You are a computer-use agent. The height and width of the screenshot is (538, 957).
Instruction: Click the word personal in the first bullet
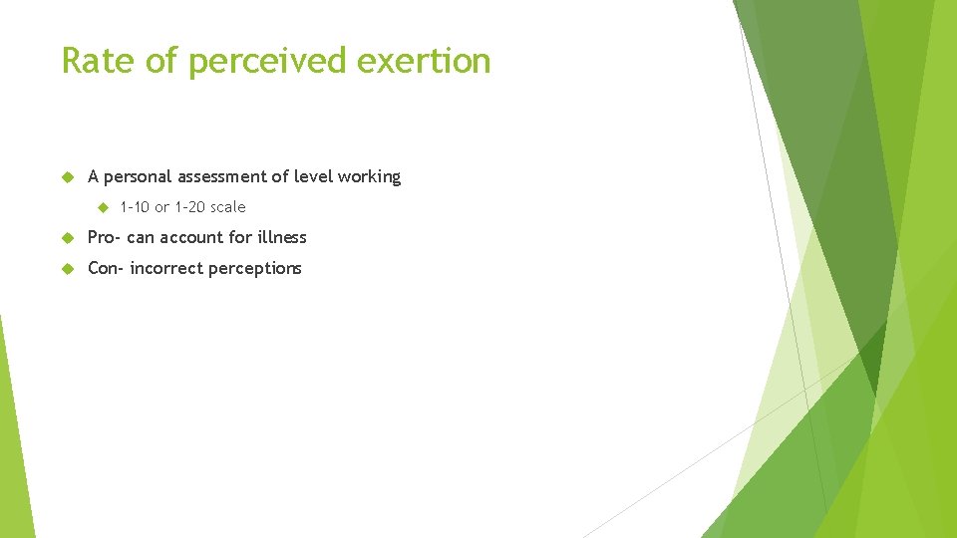click(x=138, y=177)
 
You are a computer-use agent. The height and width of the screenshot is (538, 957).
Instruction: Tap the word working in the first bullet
click(x=369, y=177)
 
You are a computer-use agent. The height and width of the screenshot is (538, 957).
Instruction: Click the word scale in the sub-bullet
click(x=227, y=207)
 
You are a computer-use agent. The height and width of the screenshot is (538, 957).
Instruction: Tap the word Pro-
click(x=105, y=237)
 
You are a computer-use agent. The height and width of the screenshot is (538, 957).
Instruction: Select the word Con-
click(x=106, y=268)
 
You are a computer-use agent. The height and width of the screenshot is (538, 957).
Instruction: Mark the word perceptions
click(x=255, y=269)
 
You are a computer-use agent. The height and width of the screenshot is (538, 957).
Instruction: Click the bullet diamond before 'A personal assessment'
click(x=67, y=177)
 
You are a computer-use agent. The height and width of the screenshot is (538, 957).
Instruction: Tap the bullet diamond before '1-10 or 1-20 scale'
click(x=102, y=207)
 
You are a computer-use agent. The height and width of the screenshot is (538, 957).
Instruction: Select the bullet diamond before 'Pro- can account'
click(x=67, y=237)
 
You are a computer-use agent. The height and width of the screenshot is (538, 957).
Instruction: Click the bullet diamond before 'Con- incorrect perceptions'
click(x=67, y=268)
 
